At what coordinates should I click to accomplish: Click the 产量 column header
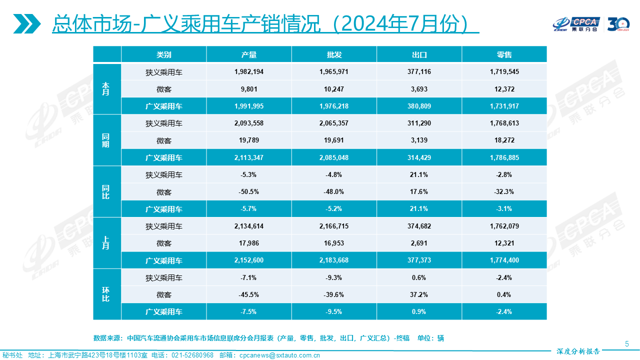click(248, 54)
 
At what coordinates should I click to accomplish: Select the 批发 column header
click(334, 54)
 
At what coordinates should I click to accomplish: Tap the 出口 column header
click(419, 54)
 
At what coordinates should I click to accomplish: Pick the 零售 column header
click(504, 54)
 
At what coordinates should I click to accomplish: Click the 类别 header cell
click(163, 54)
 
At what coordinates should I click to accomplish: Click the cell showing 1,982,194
click(248, 72)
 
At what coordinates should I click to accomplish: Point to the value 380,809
click(419, 106)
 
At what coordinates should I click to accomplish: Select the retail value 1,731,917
click(504, 106)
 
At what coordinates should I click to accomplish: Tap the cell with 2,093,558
click(248, 123)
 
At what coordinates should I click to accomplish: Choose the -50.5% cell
click(248, 192)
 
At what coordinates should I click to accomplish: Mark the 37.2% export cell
click(419, 294)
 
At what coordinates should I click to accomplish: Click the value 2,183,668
click(334, 260)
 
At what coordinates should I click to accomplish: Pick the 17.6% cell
click(419, 192)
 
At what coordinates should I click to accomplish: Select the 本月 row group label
click(106, 89)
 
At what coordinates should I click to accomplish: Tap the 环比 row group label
click(106, 294)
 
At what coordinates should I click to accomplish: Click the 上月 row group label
click(106, 243)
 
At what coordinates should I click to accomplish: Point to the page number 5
click(627, 343)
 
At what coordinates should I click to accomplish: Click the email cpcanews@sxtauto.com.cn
click(279, 355)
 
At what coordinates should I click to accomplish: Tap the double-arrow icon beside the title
click(26, 23)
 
